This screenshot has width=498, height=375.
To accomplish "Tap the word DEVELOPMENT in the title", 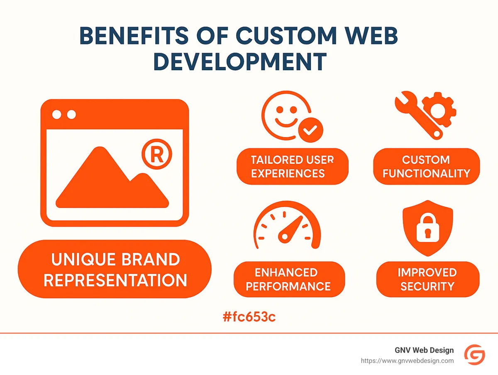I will point(239,62).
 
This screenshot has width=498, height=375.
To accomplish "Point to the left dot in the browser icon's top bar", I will point(56,114).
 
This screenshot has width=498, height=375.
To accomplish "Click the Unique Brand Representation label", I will point(115,269).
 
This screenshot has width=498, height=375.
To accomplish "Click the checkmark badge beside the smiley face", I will point(310,131).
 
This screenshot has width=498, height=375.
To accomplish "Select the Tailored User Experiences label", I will point(292,166).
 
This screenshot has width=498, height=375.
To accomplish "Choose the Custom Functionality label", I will point(426,166).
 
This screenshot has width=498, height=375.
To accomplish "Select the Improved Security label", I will point(427,279).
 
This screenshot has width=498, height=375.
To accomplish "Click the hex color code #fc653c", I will point(249,317).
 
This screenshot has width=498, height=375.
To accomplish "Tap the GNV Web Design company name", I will point(424,350).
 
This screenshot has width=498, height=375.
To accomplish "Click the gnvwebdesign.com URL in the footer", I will point(407,361).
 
